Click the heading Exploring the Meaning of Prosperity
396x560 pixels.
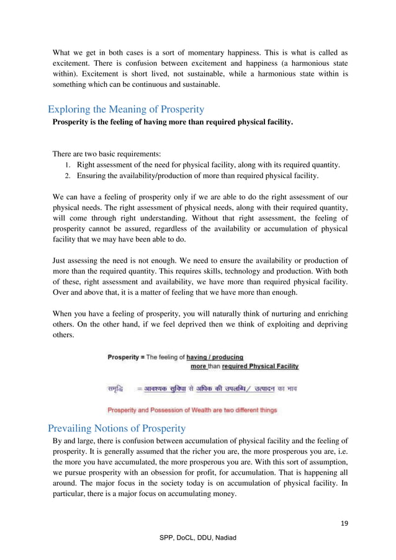pos(126,109)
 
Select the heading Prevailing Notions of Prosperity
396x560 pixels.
pos(117,428)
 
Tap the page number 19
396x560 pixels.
pos(344,523)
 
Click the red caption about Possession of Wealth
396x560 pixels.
pos(192,410)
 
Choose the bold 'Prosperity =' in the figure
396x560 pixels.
pos(126,357)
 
